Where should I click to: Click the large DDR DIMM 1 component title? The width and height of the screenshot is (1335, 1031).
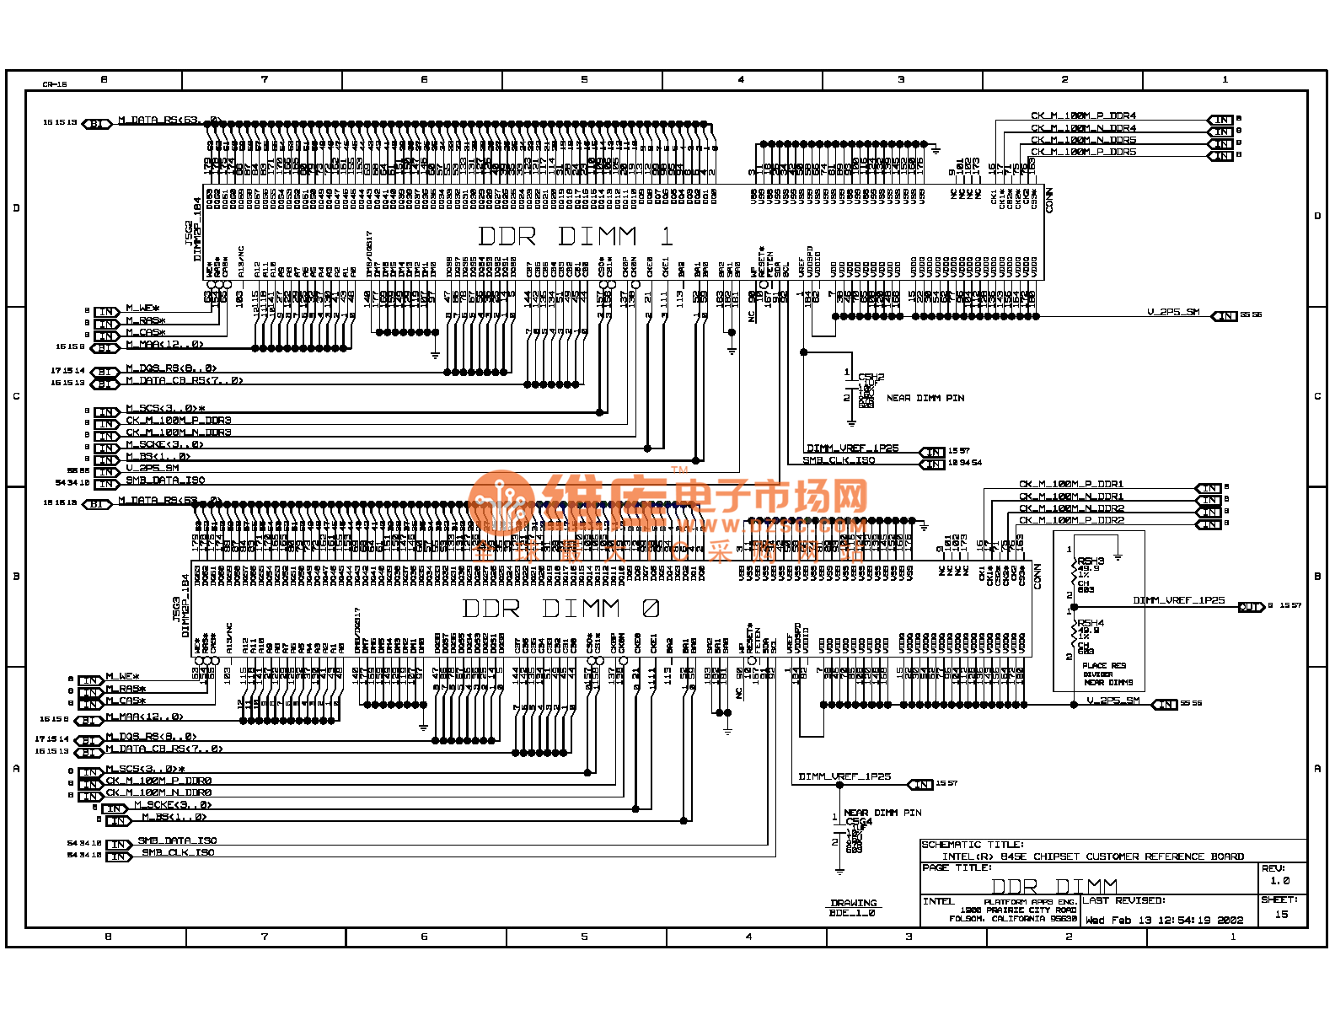click(x=576, y=236)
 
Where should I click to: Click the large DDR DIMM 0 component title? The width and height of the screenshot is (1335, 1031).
click(x=561, y=609)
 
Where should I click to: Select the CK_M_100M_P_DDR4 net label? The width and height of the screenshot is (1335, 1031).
click(x=1083, y=116)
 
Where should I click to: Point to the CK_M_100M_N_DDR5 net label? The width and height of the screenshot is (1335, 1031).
click(x=1083, y=140)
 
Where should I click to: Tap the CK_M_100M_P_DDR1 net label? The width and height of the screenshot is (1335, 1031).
click(x=1070, y=485)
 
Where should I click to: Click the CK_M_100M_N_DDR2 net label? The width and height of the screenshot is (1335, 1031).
click(x=1070, y=508)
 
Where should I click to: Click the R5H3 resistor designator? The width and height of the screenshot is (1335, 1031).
click(x=1091, y=561)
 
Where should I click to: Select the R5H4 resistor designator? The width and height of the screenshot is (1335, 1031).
click(x=1091, y=624)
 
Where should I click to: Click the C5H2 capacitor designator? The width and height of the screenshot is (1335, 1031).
click(x=871, y=378)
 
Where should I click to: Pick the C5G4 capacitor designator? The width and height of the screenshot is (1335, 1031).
click(x=859, y=822)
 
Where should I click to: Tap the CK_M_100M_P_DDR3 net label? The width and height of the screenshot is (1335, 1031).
click(x=178, y=421)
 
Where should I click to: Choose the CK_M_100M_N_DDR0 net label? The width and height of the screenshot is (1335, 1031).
click(x=158, y=793)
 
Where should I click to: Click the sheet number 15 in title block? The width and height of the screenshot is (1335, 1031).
click(x=1281, y=915)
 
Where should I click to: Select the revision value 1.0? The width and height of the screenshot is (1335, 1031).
click(x=1279, y=881)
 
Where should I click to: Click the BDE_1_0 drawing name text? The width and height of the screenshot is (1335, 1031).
click(x=852, y=913)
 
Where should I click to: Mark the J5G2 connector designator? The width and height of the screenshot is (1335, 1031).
click(x=189, y=234)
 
